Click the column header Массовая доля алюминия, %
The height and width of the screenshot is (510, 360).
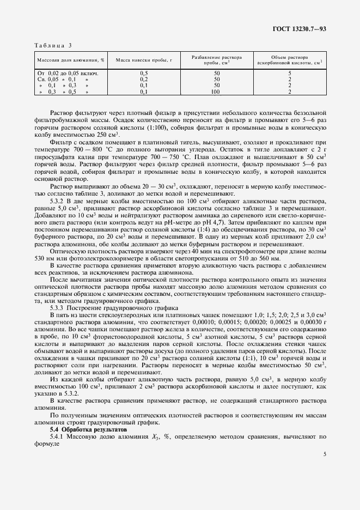tap(70, 60)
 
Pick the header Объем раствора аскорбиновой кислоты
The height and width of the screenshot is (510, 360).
tap(289, 60)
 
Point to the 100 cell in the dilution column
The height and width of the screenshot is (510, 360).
tap(217, 92)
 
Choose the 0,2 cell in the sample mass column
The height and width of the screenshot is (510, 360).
tap(144, 79)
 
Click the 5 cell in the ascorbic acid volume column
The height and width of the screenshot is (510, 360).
tap(289, 72)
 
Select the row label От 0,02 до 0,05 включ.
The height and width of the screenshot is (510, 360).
tap(67, 72)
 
